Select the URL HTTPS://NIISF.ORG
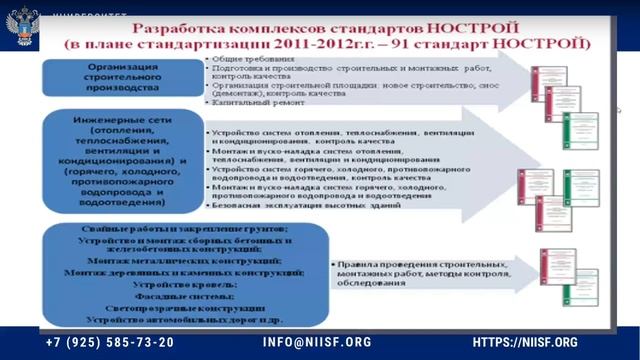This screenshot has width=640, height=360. pyautogui.click(x=524, y=342)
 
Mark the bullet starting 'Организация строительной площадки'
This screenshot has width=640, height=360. pyautogui.click(x=360, y=86)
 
